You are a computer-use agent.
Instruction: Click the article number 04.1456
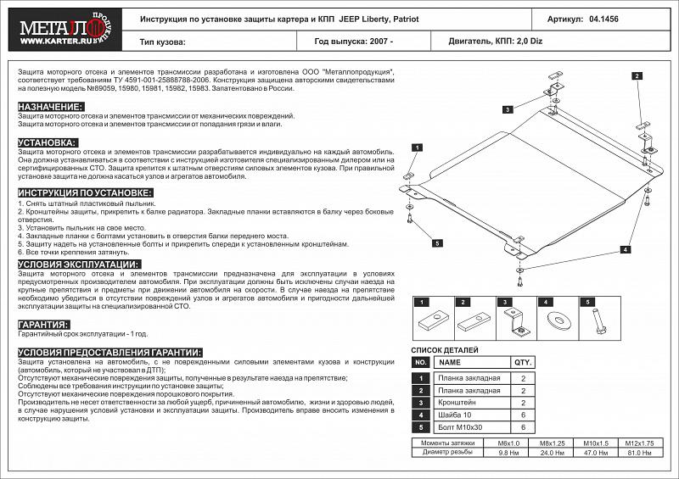603,18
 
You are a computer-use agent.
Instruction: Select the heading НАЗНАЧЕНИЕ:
51,107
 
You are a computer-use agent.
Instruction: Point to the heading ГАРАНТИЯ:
42,325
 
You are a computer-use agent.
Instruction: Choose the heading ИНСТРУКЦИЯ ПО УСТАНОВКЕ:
85,193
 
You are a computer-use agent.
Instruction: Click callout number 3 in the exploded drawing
506,109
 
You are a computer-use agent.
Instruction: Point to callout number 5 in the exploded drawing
437,243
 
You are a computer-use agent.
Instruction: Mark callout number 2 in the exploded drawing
636,76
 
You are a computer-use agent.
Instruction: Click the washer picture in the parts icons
557,319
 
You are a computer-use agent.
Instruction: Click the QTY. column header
524,362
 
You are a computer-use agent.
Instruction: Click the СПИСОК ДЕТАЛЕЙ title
445,349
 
